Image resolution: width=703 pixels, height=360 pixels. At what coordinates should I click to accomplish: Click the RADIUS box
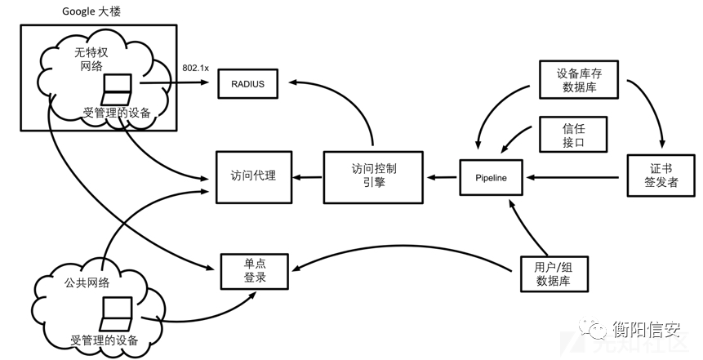248,83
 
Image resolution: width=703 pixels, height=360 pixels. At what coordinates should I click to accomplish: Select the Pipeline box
491,177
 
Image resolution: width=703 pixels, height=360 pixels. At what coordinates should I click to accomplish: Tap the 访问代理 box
254,177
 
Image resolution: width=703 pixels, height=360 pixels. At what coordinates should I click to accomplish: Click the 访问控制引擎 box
373,177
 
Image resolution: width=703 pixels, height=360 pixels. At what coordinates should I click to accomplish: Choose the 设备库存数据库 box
579,80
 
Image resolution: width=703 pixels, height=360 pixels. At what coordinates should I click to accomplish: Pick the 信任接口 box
573,135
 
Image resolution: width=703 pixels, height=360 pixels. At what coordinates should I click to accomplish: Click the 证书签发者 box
661,176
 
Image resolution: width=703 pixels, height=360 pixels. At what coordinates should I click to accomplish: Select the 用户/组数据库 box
554,274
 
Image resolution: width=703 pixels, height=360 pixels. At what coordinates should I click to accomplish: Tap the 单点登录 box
254,271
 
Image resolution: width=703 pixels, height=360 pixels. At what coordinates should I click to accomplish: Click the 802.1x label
195,68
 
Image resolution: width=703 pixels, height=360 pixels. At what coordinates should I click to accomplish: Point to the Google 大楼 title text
91,11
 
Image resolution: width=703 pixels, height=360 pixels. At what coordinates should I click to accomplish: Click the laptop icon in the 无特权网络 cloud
117,90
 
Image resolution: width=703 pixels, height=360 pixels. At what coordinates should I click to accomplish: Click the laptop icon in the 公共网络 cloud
117,313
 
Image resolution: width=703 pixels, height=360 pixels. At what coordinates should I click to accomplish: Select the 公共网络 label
87,283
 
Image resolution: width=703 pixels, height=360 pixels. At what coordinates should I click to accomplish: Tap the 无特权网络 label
91,59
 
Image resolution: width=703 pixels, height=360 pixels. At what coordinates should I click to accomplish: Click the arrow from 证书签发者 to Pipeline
572,177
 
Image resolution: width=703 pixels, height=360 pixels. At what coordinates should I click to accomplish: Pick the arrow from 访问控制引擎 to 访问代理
307,177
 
